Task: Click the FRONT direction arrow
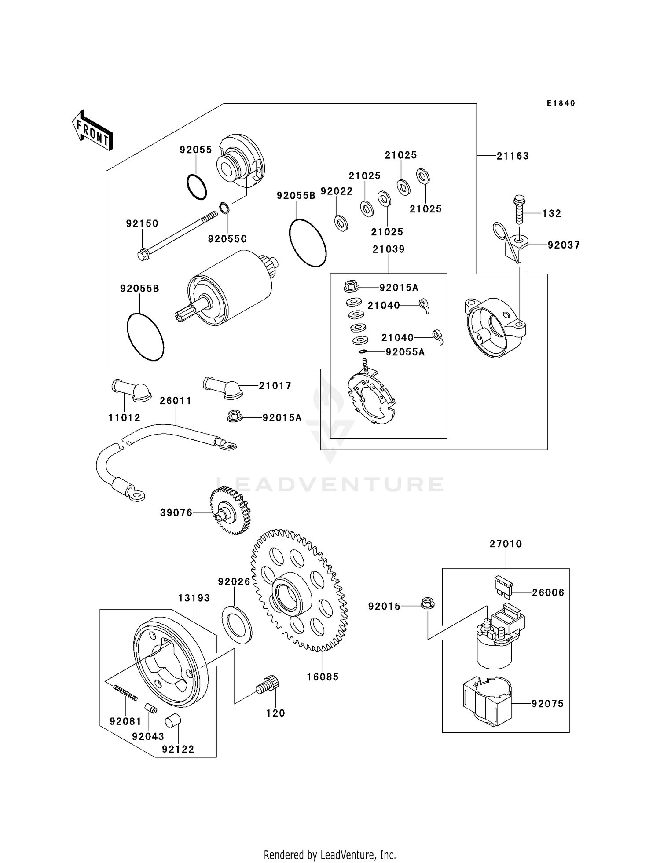(x=92, y=131)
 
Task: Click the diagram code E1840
(x=561, y=103)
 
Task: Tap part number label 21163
(x=513, y=156)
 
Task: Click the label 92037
(x=564, y=245)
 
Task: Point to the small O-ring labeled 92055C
(x=224, y=208)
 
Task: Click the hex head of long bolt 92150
(x=142, y=255)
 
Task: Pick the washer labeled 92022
(x=341, y=223)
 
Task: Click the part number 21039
(x=389, y=249)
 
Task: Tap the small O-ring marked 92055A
(x=363, y=351)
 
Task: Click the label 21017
(x=275, y=386)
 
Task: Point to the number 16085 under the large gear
(x=323, y=677)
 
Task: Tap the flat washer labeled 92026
(x=237, y=621)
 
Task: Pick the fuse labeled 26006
(x=503, y=587)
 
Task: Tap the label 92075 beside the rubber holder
(x=547, y=704)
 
